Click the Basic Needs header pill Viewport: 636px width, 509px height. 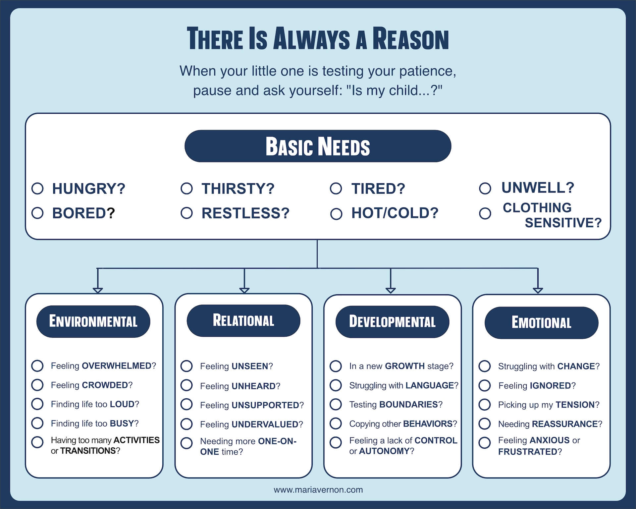[318, 146]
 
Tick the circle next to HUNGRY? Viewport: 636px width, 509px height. [37, 188]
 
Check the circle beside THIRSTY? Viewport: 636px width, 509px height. [186, 188]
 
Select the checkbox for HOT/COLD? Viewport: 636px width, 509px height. [336, 214]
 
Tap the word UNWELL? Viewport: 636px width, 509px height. [538, 188]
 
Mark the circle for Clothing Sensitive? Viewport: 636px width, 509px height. [485, 213]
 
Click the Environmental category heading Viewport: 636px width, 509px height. [93, 321]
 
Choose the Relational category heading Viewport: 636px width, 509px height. [243, 320]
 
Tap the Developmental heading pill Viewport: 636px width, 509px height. [392, 321]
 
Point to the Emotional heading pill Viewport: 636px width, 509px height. [541, 322]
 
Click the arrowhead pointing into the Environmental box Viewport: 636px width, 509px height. [98, 291]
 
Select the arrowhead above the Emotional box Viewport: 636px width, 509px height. [538, 291]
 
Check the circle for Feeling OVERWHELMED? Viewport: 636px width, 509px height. [37, 366]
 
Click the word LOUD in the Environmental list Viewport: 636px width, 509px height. [122, 404]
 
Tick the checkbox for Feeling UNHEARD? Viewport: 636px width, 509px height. [186, 385]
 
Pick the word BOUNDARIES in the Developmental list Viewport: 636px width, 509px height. [408, 405]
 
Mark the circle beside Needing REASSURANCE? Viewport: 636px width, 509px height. [485, 423]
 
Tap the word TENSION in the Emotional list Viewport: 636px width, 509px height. [575, 405]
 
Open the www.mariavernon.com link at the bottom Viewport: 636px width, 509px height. [318, 490]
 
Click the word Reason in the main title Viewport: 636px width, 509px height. [410, 39]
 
